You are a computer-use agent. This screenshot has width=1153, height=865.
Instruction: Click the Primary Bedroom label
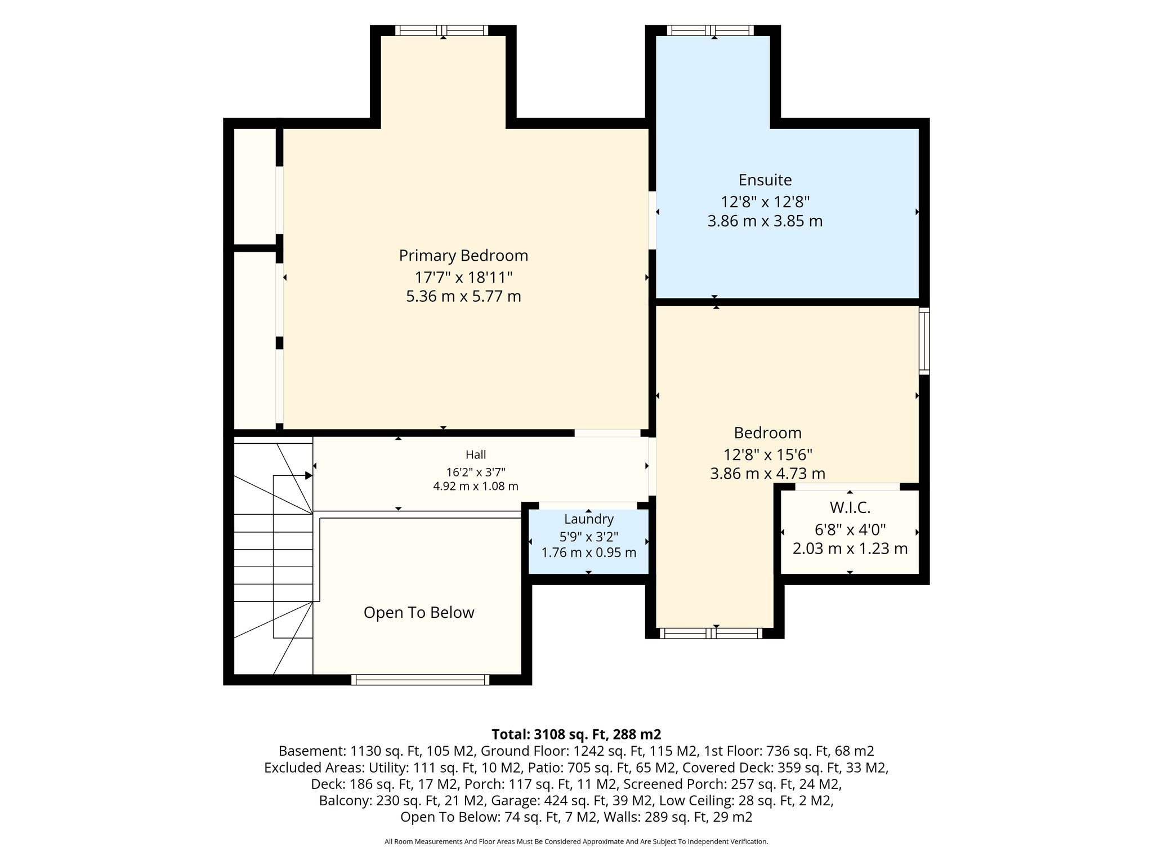tap(463, 256)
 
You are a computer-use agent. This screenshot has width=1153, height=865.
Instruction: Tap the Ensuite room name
tap(765, 180)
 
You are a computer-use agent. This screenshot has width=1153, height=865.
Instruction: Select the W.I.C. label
tap(850, 508)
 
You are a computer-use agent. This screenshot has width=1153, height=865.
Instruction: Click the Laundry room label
tap(589, 519)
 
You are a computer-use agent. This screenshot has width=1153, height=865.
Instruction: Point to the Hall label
tap(476, 454)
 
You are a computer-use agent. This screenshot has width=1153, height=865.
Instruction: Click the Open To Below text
tap(419, 613)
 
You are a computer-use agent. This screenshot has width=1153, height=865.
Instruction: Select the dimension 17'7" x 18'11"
tap(463, 277)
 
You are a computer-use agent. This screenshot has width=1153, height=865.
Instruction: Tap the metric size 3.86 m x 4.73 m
tap(768, 474)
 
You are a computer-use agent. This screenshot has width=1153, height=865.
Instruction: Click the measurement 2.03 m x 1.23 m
tap(850, 549)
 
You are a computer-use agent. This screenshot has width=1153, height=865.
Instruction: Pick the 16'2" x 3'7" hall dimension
tap(476, 472)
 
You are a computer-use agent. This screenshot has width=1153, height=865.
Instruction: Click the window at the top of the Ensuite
tap(710, 30)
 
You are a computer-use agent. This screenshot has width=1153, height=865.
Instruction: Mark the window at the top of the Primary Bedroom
tap(441, 30)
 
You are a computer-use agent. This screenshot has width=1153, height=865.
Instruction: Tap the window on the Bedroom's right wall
tap(924, 341)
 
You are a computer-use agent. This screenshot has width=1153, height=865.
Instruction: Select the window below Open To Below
tap(420, 680)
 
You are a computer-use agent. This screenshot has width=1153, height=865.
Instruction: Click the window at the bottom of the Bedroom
tap(711, 634)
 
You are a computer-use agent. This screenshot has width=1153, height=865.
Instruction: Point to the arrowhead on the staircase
tap(309, 476)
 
